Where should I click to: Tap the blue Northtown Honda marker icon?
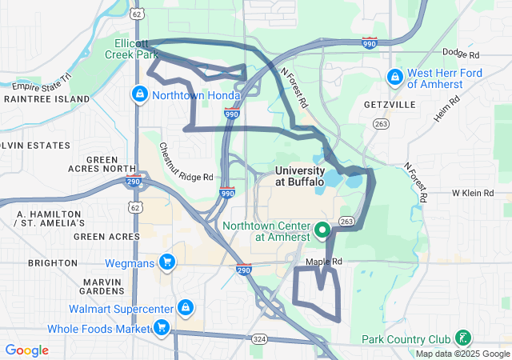140,94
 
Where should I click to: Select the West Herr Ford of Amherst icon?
394,78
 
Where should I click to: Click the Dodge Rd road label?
460,54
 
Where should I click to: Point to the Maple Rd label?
323,262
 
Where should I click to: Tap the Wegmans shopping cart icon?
167,262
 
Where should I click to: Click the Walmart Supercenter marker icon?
186,307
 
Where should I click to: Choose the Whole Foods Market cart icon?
161,326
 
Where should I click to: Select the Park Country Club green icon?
462,338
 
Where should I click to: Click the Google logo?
27,350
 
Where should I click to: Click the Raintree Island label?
46,98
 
